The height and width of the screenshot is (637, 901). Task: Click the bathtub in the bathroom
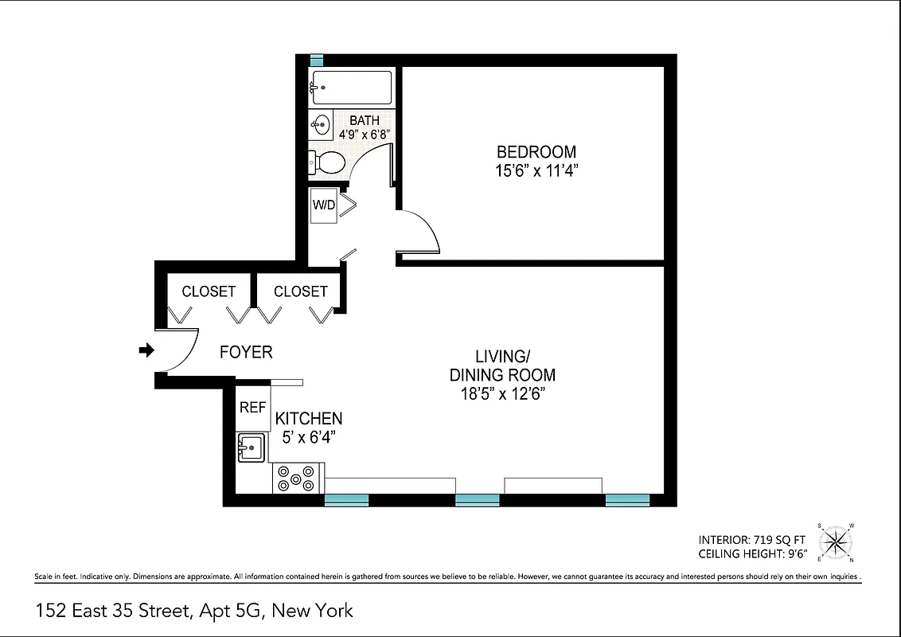point(351,87)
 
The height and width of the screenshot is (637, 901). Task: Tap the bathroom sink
point(322,126)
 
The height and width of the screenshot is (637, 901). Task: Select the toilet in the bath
point(328,162)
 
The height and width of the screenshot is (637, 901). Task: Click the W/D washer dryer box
point(323,205)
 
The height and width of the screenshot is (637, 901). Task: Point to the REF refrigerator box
point(252,408)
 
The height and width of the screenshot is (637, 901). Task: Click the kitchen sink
point(251,447)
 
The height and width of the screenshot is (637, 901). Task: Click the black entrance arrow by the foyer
point(146,350)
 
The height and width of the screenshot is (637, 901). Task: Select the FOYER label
point(246,352)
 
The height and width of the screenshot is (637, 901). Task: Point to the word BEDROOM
point(536,151)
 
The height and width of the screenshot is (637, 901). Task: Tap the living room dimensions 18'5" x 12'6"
point(502,393)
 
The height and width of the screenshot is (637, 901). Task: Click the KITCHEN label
point(309,419)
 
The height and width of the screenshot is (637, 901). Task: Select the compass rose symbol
point(835,541)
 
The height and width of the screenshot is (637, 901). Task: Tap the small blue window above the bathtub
point(316,60)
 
